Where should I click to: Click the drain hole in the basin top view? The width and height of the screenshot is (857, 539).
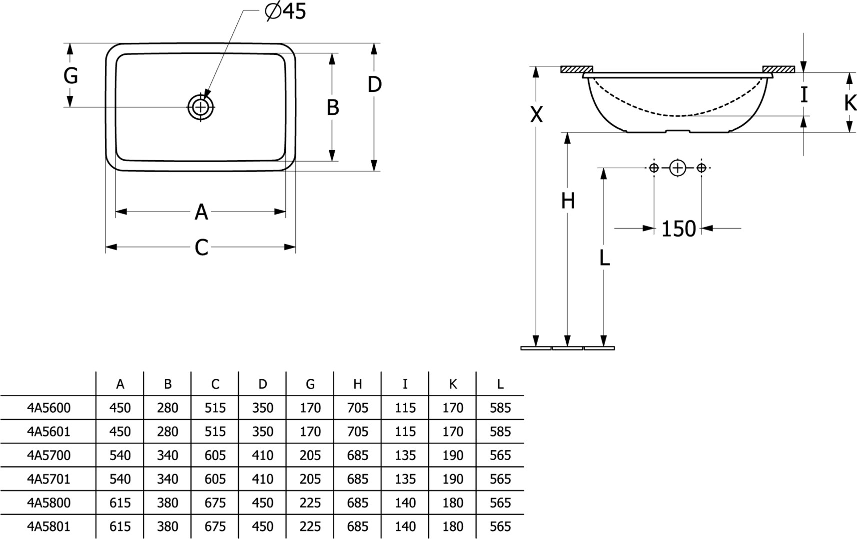[200, 107]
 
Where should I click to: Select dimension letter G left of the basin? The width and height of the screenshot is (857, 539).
[70, 76]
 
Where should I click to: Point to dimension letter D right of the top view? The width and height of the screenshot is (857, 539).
[374, 85]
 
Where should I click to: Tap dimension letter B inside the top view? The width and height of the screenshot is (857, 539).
[333, 108]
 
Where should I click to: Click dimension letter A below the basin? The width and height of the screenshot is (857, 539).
[201, 212]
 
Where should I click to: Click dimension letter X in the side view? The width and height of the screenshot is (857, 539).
[536, 115]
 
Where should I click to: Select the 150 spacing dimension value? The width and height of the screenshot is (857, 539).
[678, 229]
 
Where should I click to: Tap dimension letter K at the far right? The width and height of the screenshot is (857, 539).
[850, 103]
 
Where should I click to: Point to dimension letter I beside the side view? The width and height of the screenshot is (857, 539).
[804, 95]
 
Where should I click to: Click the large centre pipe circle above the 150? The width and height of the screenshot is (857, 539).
[678, 168]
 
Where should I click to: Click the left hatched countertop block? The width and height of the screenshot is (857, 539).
[576, 69]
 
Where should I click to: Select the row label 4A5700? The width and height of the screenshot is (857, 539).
[48, 455]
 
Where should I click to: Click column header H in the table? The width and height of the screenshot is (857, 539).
[357, 384]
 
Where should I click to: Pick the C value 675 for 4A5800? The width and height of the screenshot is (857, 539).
[215, 503]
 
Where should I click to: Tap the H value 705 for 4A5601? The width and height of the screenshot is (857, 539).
[357, 431]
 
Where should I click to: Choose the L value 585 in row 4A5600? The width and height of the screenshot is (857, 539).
[500, 408]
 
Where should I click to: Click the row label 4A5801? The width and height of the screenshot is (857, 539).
[48, 527]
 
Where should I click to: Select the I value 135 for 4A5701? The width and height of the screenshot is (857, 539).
[405, 479]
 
